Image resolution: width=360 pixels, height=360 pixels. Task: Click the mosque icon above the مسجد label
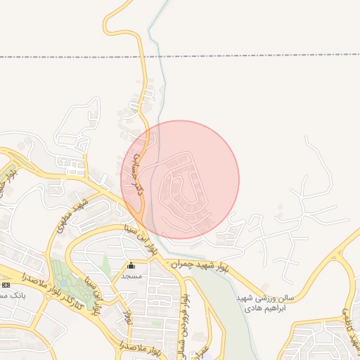(x=131, y=266)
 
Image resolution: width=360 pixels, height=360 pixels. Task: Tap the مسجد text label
(x=131, y=276)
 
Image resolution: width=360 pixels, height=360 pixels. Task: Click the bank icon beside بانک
(x=6, y=285)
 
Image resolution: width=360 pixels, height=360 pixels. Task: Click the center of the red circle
(x=180, y=179)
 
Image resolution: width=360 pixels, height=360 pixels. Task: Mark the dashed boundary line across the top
(x=211, y=56)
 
